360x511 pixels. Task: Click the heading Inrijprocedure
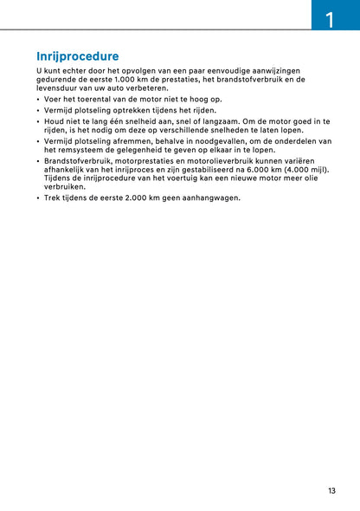click(x=78, y=56)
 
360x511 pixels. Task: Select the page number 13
click(x=331, y=491)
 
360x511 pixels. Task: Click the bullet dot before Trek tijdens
click(x=38, y=197)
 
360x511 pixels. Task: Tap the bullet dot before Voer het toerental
click(x=38, y=100)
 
